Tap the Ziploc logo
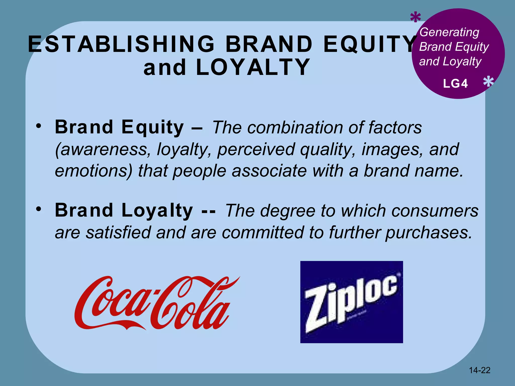(352, 302)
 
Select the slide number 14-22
(480, 370)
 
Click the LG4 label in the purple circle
(455, 84)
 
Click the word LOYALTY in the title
(253, 67)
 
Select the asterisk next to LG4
(488, 82)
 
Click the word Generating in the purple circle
(449, 32)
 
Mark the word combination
(295, 127)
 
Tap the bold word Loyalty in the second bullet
(157, 211)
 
